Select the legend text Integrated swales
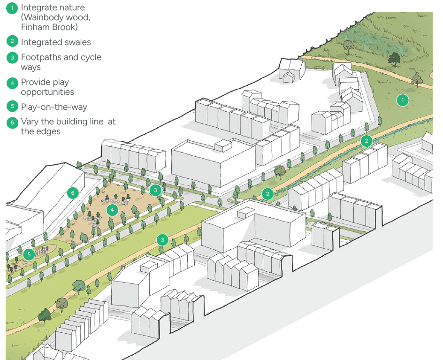coord(56,42)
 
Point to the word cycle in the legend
coord(91,57)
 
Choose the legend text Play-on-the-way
coord(54,107)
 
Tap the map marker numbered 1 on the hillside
coord(402,100)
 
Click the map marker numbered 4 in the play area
coord(112,210)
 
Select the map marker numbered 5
coord(29,254)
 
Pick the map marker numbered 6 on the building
coord(72,192)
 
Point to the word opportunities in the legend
coord(47,92)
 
